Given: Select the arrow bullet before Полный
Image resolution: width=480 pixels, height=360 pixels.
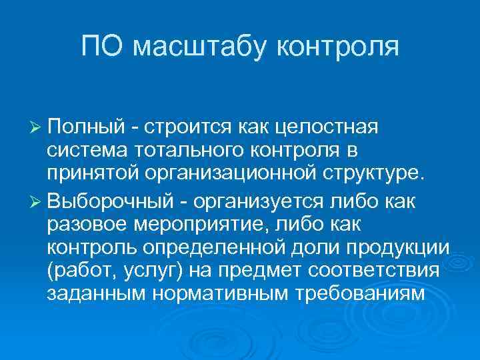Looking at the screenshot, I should point(35,127).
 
